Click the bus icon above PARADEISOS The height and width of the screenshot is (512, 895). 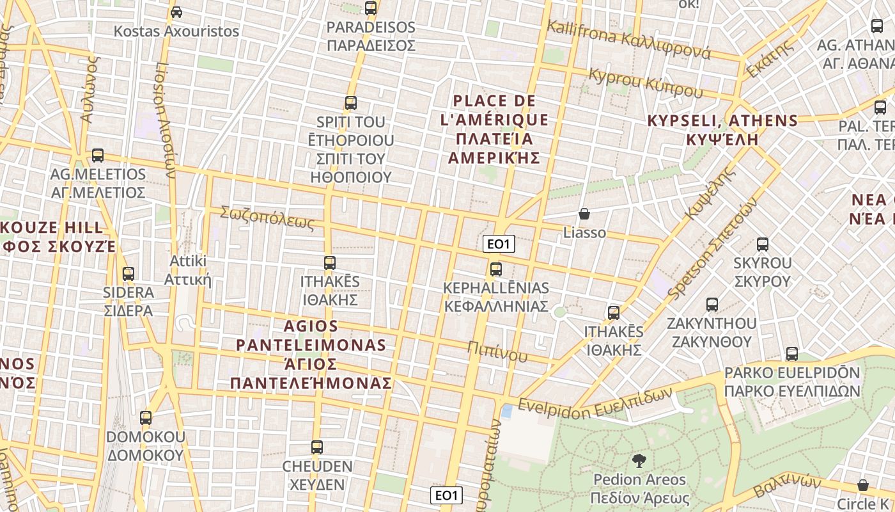pos(370,8)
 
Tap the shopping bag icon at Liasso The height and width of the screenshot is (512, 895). pos(584,214)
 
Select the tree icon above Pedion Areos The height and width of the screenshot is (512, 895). pos(638,461)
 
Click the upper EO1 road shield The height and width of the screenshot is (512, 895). pos(499,244)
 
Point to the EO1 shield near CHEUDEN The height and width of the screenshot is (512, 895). pos(446,495)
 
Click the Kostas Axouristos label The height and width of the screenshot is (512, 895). pos(176,31)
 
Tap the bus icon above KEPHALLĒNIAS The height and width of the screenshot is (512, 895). pos(495,269)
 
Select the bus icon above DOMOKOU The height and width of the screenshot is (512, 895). pos(146,418)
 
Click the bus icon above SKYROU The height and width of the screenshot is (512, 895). pos(762,244)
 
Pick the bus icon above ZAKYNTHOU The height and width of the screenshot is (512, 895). pos(712,305)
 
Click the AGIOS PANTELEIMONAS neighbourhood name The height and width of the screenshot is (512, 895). pos(311,355)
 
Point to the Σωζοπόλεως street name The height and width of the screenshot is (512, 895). pos(267,218)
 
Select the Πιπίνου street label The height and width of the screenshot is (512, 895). pos(497,351)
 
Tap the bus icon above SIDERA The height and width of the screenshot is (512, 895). pos(128,274)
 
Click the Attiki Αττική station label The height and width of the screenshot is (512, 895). pos(187,271)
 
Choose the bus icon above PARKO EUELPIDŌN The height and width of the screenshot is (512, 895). pos(791,354)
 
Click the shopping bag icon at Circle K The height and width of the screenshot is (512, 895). pos(863,485)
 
